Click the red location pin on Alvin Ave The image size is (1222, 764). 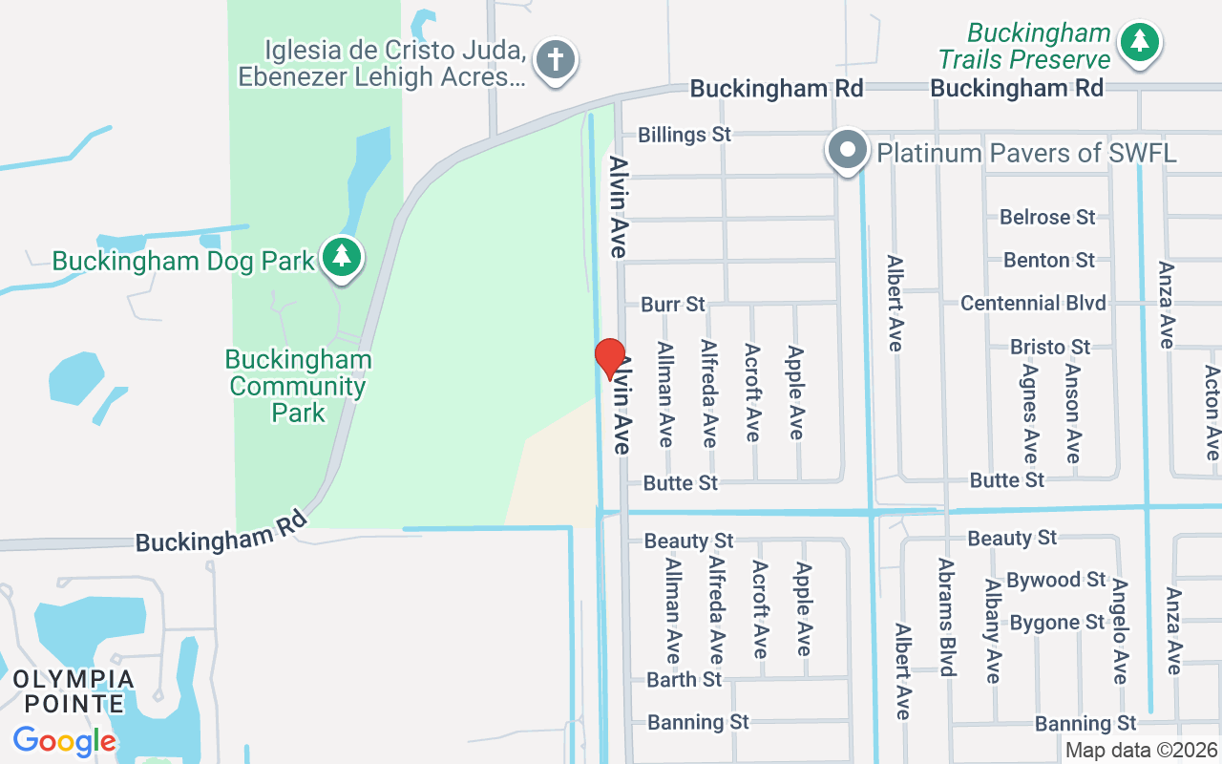[x=610, y=357]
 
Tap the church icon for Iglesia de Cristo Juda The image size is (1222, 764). [x=557, y=59]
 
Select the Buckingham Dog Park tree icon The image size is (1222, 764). [x=341, y=257]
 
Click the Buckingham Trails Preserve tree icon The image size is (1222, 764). [x=1139, y=42]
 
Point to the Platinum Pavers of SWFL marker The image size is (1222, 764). [x=847, y=151]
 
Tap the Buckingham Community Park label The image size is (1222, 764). [x=299, y=387]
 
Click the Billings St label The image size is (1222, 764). [x=685, y=135]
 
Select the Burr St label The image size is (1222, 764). [x=673, y=305]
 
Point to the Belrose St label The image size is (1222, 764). [x=1047, y=218]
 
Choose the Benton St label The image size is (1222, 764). [x=1049, y=260]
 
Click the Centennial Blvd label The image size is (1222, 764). [x=1033, y=303]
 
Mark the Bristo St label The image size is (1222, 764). [x=1050, y=347]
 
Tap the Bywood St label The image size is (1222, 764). [x=1056, y=580]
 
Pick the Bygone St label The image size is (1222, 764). [x=1057, y=623]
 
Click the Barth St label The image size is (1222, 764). [x=685, y=680]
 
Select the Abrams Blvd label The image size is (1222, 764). [x=947, y=617]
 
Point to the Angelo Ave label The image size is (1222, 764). [x=1120, y=630]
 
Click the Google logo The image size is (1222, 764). [x=64, y=740]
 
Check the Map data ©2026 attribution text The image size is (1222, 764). [x=1141, y=751]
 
